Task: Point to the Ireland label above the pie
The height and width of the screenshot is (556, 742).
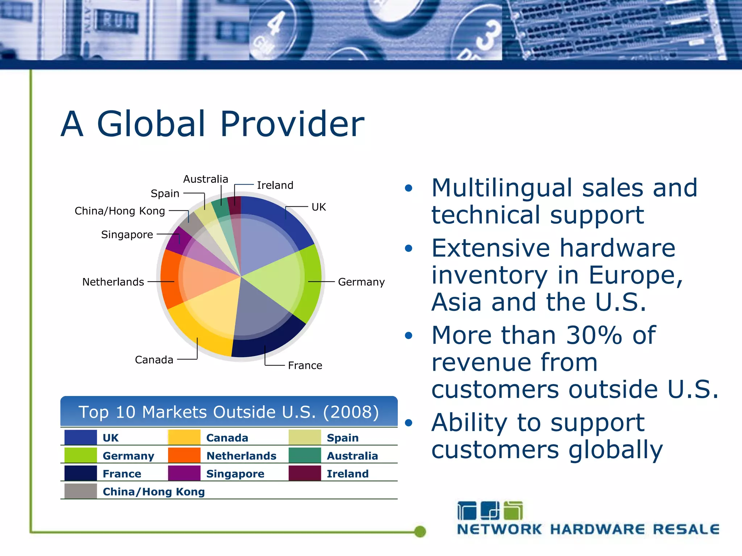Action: (x=275, y=185)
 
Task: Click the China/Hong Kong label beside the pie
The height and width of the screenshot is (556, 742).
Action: (x=120, y=211)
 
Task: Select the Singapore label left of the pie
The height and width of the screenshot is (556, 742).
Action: (x=127, y=235)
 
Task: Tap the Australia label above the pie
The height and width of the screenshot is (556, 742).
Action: (x=205, y=179)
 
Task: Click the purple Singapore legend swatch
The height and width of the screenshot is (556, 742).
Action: (x=184, y=473)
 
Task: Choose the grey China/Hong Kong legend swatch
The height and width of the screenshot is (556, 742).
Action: (x=80, y=491)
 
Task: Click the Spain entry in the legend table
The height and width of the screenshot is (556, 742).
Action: (x=342, y=438)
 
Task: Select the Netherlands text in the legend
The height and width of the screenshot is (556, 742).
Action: (x=241, y=456)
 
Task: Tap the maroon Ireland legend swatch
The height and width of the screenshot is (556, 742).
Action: (x=305, y=473)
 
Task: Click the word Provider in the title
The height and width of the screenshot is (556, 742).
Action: (x=292, y=124)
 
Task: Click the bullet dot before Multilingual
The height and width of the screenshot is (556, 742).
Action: (x=409, y=188)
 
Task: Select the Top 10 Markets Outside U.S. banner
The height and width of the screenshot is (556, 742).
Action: (x=229, y=412)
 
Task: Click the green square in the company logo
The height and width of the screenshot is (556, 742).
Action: (x=513, y=511)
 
